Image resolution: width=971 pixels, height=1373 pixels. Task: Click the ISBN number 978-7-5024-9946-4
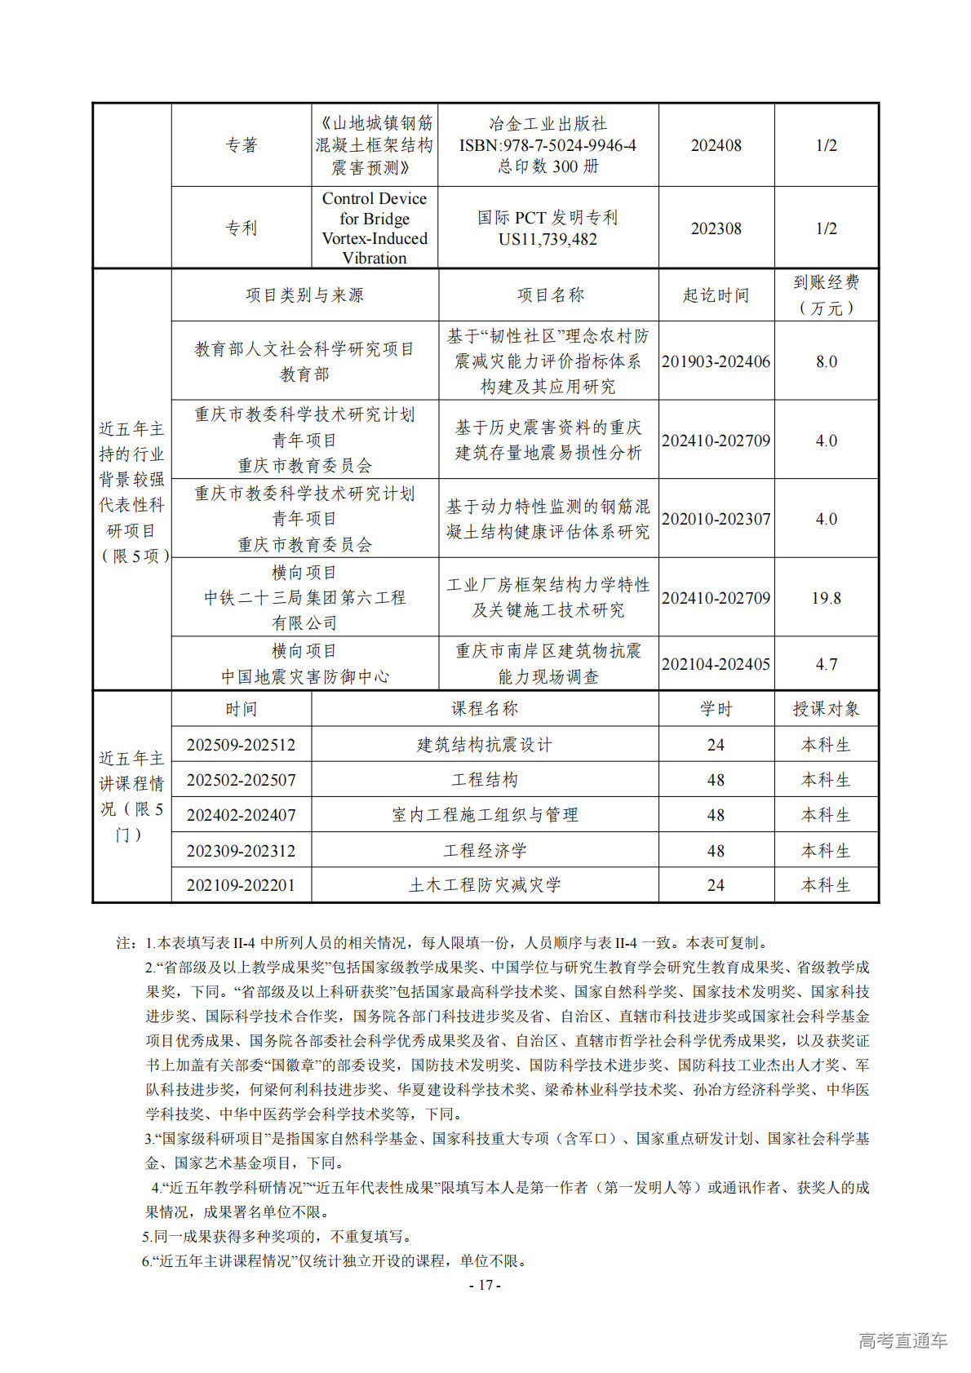click(548, 145)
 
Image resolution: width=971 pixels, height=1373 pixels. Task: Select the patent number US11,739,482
click(548, 239)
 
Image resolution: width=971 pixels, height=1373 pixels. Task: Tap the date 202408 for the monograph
click(716, 145)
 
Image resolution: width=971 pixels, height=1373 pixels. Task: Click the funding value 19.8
click(826, 598)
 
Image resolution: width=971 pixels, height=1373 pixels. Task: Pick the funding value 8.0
click(826, 361)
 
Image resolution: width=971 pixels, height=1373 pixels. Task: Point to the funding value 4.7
click(826, 664)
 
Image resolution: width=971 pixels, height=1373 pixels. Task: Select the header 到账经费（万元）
click(826, 295)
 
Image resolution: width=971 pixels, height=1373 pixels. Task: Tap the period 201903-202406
click(716, 361)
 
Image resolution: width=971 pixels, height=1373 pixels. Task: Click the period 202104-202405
click(716, 664)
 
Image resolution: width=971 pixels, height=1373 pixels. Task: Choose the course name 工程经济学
click(485, 851)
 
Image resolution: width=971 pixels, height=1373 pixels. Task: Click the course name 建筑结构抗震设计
click(485, 745)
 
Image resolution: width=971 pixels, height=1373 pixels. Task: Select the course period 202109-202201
click(241, 885)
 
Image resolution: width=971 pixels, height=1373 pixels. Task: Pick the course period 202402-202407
click(241, 815)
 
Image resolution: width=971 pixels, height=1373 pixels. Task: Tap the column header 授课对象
click(826, 709)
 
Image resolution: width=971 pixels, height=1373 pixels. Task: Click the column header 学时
click(716, 709)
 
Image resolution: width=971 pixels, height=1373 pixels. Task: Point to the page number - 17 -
click(485, 1285)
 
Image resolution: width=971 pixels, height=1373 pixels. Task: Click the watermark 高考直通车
click(902, 1340)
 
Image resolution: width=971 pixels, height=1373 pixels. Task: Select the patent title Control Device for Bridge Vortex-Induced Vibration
click(375, 228)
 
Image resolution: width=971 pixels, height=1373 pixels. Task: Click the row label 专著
click(241, 145)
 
